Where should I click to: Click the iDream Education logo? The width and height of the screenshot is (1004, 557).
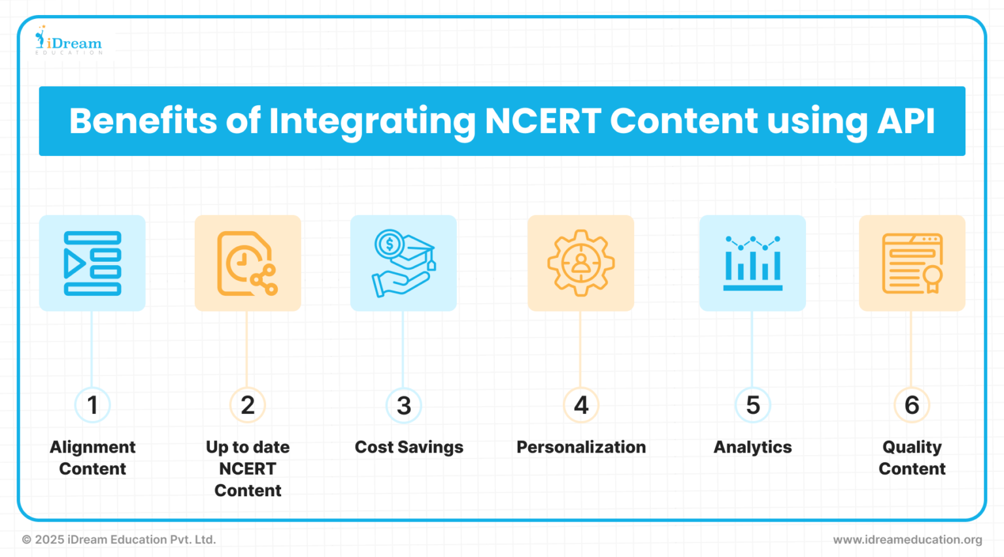tap(69, 41)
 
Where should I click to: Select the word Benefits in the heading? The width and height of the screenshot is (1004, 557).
tap(142, 121)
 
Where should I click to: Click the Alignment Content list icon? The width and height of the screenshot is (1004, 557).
tap(92, 263)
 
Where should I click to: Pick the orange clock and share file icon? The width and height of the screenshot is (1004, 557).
tap(248, 263)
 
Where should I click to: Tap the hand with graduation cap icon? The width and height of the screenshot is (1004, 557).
tap(403, 263)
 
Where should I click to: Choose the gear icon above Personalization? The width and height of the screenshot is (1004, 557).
tap(580, 263)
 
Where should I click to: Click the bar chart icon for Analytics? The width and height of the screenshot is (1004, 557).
tap(752, 263)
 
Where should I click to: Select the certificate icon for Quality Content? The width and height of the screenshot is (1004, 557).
tap(912, 263)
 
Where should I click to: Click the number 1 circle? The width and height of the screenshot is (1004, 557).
tap(92, 405)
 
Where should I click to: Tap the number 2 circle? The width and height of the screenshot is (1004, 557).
tap(248, 405)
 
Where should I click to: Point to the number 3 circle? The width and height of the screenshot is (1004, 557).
tap(404, 405)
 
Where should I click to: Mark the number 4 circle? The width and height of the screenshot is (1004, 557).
tap(580, 405)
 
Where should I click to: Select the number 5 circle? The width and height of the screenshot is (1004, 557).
tap(752, 405)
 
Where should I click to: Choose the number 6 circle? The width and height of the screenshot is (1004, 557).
tap(912, 405)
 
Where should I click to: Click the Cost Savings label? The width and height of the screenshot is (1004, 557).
tap(409, 447)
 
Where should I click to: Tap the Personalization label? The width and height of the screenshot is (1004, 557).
tap(580, 447)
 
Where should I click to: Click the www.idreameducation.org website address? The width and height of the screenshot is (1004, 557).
tap(907, 539)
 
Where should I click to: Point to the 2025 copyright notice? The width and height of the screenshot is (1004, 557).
tap(118, 539)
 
